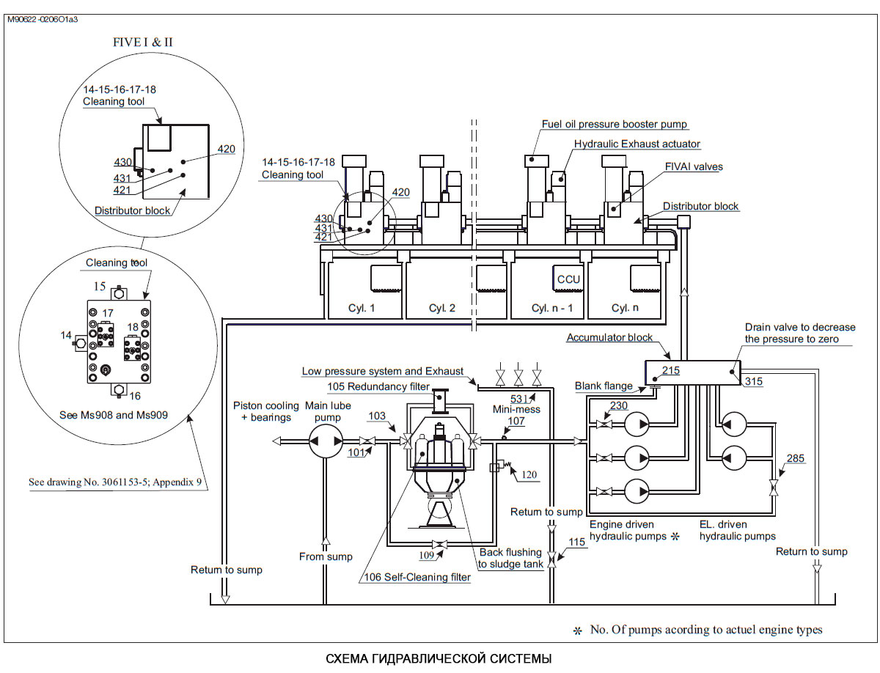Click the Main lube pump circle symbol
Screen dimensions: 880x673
pyautogui.click(x=326, y=441)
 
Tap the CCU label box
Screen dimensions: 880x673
pyautogui.click(x=568, y=279)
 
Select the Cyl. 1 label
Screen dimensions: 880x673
pyautogui.click(x=362, y=308)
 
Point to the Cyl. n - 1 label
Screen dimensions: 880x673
pyautogui.click(x=552, y=308)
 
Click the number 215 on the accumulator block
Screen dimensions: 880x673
pyautogui.click(x=671, y=370)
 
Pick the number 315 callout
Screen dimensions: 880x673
pyautogui.click(x=753, y=381)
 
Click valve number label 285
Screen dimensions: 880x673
pyautogui.click(x=796, y=458)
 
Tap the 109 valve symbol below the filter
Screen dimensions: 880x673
pyautogui.click(x=439, y=544)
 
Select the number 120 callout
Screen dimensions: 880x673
pyautogui.click(x=529, y=474)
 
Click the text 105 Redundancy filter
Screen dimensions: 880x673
pyautogui.click(x=378, y=386)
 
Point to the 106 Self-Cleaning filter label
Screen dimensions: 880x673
pyautogui.click(x=417, y=577)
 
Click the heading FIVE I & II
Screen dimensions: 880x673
pyautogui.click(x=143, y=42)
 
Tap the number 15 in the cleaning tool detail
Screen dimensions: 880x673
pyautogui.click(x=100, y=286)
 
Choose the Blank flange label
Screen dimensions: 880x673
pyautogui.click(x=604, y=386)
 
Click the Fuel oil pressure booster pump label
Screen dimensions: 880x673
pyautogui.click(x=615, y=124)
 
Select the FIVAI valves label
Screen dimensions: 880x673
pyautogui.click(x=694, y=166)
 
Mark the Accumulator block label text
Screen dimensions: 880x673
pyautogui.click(x=609, y=337)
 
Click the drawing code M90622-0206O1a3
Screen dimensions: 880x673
pyautogui.click(x=43, y=19)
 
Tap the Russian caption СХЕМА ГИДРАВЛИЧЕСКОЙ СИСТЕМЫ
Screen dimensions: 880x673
pyautogui.click(x=439, y=658)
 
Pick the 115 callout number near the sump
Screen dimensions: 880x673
pyautogui.click(x=576, y=542)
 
